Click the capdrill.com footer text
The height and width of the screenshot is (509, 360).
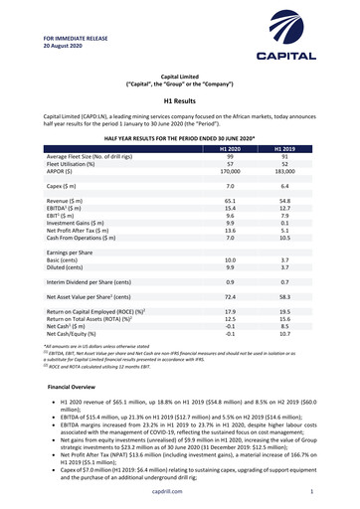(180, 490)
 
